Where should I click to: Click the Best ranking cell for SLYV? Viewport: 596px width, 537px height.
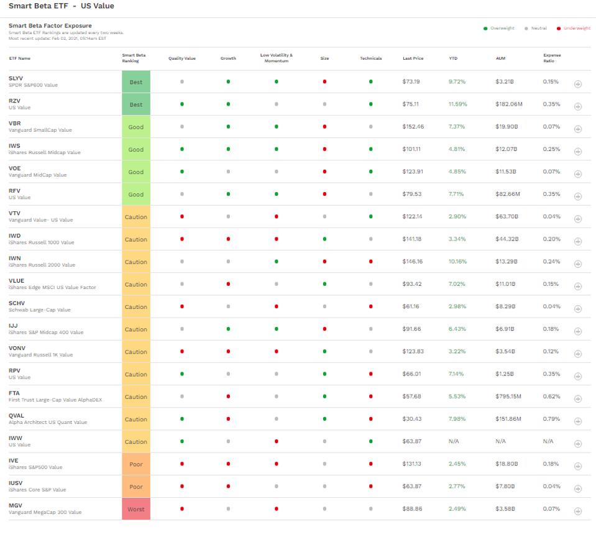[x=135, y=82]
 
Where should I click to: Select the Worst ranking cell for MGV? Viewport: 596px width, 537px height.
[x=135, y=509]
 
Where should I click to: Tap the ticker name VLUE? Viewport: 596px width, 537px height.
[x=16, y=281]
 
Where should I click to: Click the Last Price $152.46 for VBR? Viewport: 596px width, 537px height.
[x=413, y=127]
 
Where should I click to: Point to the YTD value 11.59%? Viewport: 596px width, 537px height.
[x=457, y=104]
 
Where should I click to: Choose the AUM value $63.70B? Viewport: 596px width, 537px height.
[x=507, y=217]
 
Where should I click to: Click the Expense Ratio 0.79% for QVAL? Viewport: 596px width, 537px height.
[x=551, y=419]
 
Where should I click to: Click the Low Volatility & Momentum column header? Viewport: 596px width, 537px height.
[x=276, y=58]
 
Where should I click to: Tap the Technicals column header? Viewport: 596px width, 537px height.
[x=370, y=58]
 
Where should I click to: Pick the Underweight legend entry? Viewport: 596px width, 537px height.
[x=577, y=29]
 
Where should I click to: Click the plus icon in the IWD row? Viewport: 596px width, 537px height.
[x=577, y=241]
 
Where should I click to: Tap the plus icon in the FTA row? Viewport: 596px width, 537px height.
[x=577, y=398]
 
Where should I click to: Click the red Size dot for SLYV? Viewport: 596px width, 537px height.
[x=324, y=82]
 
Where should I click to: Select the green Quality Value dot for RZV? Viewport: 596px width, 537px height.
[x=181, y=104]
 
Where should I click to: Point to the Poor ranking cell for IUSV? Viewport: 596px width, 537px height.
[x=135, y=487]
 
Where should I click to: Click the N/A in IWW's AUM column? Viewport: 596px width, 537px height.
[x=500, y=441]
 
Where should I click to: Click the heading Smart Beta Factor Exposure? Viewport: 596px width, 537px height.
[x=50, y=25]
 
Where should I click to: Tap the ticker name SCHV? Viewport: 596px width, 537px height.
[x=17, y=303]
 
